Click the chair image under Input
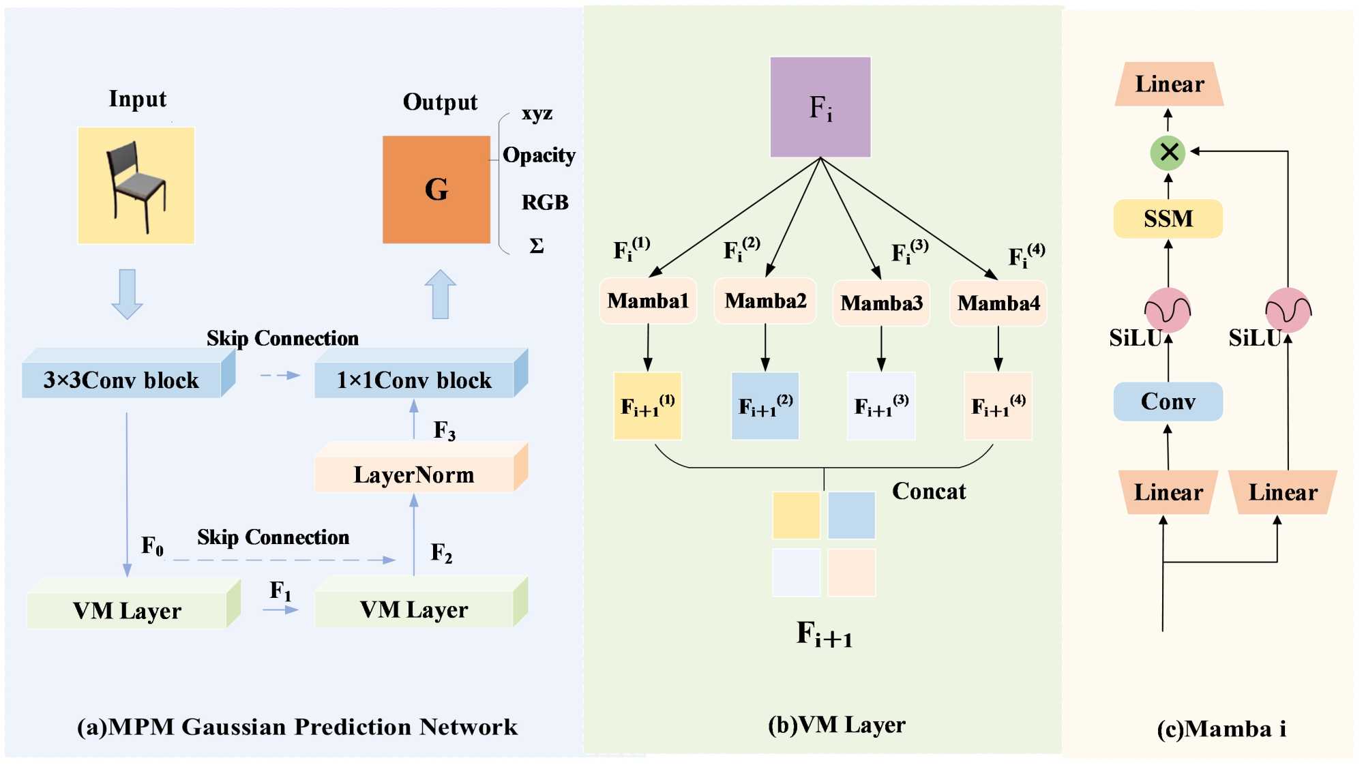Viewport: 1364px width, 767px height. click(136, 185)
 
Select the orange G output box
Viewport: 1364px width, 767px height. click(436, 190)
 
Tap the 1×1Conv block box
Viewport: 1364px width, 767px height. click(415, 380)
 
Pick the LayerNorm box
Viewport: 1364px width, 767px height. click(415, 475)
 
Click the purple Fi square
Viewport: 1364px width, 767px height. click(820, 107)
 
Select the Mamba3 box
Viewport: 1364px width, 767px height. click(881, 303)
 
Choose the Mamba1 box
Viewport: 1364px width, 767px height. click(648, 301)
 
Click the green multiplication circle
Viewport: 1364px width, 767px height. click(1168, 152)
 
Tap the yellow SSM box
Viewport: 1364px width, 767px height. click(1168, 219)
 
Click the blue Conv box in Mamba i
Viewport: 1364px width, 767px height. click(1168, 402)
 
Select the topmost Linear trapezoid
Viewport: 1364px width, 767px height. click(1169, 85)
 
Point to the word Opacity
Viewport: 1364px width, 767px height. click(539, 155)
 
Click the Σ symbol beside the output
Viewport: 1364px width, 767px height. click(537, 246)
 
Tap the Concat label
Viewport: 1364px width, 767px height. click(929, 492)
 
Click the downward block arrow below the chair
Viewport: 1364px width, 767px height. click(127, 294)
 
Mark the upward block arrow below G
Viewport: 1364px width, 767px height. click(441, 294)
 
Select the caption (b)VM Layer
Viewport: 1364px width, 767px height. click(837, 725)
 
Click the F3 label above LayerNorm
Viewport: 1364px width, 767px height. click(445, 431)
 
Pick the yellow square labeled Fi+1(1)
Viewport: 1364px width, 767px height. click(648, 406)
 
